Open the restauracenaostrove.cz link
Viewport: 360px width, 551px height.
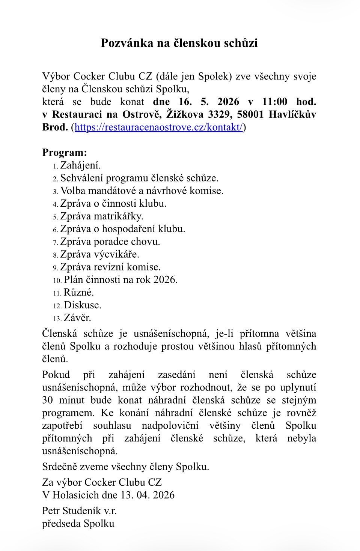(x=159, y=127)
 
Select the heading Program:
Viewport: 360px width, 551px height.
(x=65, y=153)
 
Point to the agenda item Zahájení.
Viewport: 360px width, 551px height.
(x=80, y=165)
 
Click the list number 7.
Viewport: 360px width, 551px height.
(x=55, y=243)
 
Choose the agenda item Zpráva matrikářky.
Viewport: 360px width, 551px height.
(x=102, y=216)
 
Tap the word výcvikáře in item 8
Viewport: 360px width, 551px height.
(x=116, y=254)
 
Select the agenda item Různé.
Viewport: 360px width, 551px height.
(x=79, y=293)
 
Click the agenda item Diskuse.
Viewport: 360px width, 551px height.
(x=83, y=305)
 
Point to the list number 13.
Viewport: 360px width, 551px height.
(x=57, y=319)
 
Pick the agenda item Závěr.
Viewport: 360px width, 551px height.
(x=77, y=318)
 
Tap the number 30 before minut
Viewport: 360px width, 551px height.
(x=48, y=400)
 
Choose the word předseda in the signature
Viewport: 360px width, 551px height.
(x=61, y=524)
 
